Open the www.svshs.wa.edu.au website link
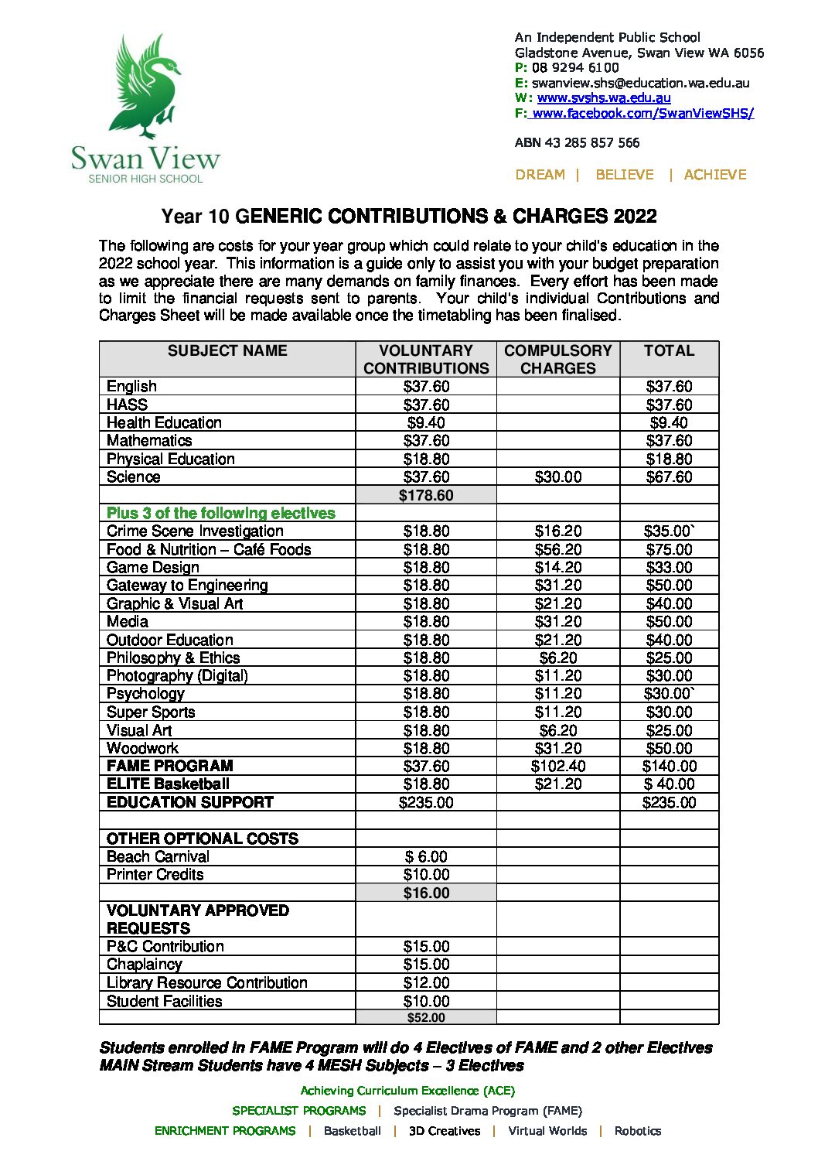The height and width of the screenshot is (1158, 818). pos(603,98)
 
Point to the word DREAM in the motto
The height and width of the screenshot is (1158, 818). pos(540,175)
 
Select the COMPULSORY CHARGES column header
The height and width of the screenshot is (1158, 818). pos(557,360)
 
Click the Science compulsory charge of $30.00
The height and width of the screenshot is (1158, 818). pos(557,477)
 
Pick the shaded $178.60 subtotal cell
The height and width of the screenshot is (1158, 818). pos(426,496)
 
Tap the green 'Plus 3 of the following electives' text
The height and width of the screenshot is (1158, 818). pos(220,514)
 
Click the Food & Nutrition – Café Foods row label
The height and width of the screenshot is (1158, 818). pos(209,550)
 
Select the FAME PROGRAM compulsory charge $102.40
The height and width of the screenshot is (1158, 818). pos(557,767)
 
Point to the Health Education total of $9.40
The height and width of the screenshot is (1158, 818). pos(669,423)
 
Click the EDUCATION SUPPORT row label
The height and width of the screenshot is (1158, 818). pos(190,803)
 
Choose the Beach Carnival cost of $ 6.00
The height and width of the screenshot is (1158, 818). pos(426,857)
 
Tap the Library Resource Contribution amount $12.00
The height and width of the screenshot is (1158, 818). pos(426,983)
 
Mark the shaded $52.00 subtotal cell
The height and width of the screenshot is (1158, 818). pos(426,1018)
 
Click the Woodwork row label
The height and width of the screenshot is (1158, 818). pos(142,749)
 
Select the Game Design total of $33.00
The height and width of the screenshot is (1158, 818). pos(669,568)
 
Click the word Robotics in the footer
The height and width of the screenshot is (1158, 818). pos(637,1131)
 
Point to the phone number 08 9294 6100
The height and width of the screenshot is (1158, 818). pos(575,68)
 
